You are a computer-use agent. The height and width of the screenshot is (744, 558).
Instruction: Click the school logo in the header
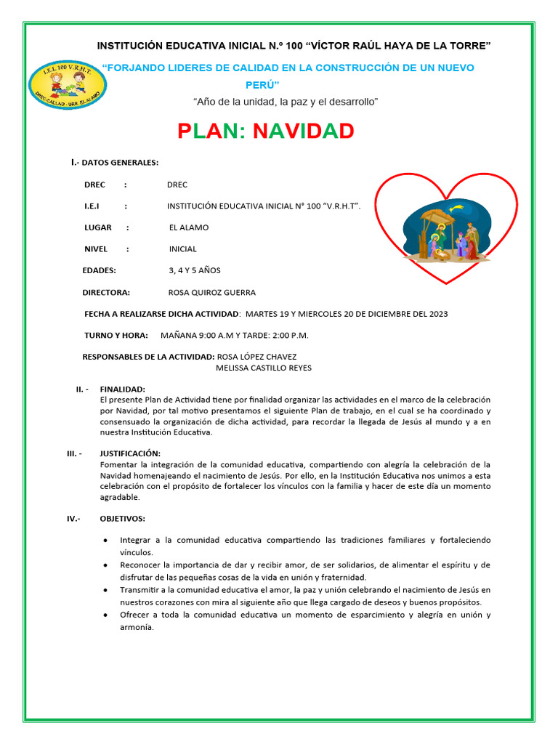tap(68, 86)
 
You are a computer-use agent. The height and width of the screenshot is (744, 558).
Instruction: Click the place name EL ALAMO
tap(188, 227)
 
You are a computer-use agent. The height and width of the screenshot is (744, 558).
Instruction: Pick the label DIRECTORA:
tap(106, 292)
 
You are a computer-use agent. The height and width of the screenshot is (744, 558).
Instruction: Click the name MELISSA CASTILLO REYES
tap(264, 368)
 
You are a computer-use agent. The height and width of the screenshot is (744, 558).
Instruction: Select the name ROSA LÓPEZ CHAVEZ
tap(256, 357)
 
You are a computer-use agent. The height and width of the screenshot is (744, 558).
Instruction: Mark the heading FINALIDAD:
tap(122, 389)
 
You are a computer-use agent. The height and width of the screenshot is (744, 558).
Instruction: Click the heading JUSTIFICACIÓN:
tap(130, 453)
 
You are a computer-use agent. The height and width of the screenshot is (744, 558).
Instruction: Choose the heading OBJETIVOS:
tap(122, 518)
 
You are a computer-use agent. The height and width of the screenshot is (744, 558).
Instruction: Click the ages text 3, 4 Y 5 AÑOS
tap(194, 270)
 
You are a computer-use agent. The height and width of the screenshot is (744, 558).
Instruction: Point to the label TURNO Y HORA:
tap(116, 335)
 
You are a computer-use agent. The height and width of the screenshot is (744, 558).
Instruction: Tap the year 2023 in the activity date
tap(438, 314)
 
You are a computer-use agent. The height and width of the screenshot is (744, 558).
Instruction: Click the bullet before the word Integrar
tap(107, 541)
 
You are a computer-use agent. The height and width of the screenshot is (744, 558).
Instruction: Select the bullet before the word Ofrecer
tap(107, 615)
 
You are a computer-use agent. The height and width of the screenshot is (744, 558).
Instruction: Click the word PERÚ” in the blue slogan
tap(262, 84)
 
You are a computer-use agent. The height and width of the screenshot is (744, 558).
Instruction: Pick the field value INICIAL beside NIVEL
tap(183, 249)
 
